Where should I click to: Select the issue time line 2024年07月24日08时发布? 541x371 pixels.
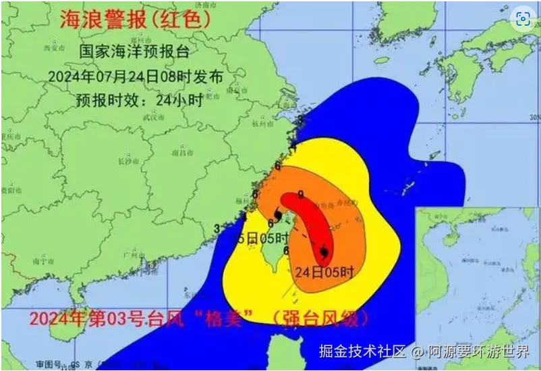(135, 76)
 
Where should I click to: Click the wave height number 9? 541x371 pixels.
(300, 195)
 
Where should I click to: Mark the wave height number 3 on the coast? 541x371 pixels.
(217, 228)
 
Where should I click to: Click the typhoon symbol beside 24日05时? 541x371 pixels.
(324, 252)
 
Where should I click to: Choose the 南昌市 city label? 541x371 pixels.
(179, 155)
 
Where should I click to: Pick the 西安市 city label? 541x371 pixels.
(51, 48)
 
